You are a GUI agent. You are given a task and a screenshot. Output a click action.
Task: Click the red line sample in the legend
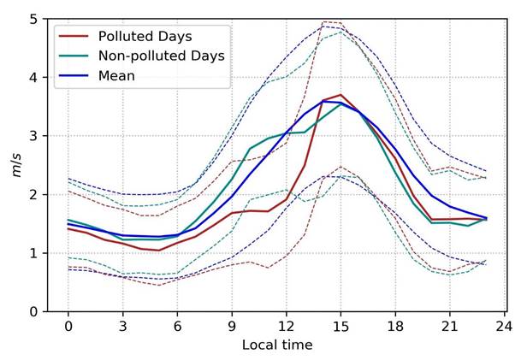[74, 36]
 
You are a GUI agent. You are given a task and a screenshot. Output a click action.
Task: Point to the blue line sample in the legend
[74, 75]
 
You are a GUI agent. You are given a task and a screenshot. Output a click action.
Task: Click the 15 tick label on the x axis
[340, 327]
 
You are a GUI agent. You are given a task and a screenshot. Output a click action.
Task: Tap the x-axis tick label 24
[504, 327]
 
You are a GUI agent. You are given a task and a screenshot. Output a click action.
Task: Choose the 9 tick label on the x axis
[232, 327]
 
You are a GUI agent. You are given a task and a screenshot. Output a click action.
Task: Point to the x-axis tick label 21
[449, 327]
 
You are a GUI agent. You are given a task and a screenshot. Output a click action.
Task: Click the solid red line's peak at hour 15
[340, 95]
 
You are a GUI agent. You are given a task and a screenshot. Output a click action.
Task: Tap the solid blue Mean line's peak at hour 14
[323, 101]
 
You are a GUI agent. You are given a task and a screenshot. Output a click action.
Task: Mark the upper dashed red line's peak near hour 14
[324, 21]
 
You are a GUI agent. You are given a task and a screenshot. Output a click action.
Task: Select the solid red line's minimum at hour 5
[159, 251]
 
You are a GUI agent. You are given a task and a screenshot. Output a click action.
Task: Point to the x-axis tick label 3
[123, 327]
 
